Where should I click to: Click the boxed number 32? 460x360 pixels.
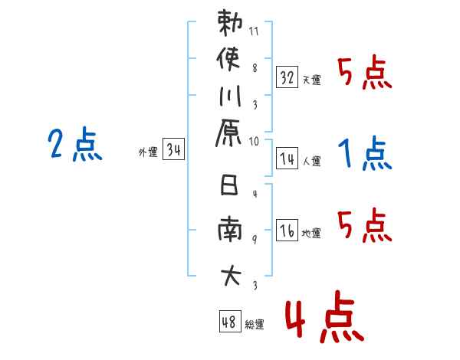(287, 77)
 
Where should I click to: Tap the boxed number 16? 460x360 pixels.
(287, 230)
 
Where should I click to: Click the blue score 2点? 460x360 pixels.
(75, 143)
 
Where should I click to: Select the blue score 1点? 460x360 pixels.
(365, 155)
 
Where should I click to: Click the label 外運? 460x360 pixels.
(147, 152)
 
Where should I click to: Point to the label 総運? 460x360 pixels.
(255, 325)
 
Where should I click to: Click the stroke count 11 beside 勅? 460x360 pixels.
(254, 33)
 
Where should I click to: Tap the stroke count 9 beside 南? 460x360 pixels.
(255, 240)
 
